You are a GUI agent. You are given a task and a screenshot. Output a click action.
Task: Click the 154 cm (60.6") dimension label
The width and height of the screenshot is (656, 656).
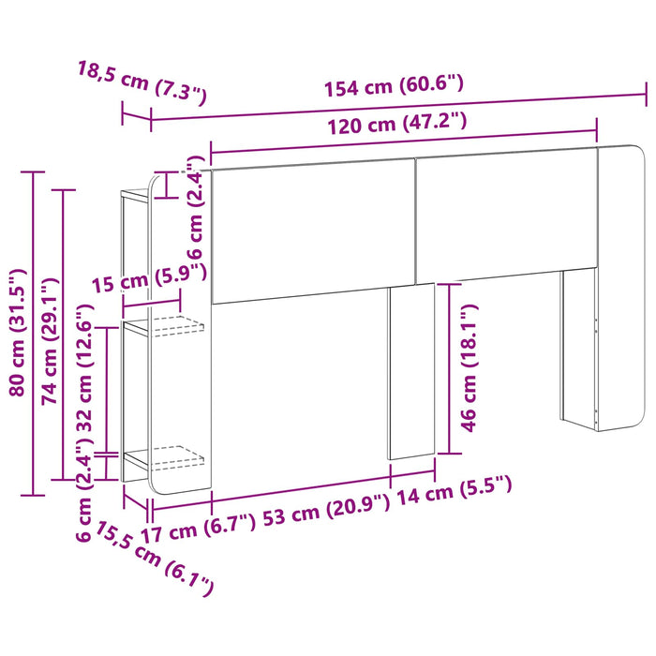tap(394, 86)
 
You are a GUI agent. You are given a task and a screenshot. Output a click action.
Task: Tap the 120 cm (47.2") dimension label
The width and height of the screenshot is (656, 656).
tap(396, 124)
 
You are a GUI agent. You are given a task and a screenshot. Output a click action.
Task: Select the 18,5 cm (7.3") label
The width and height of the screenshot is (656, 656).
tap(142, 82)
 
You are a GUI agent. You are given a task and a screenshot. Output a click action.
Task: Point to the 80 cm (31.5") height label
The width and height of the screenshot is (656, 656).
tap(18, 333)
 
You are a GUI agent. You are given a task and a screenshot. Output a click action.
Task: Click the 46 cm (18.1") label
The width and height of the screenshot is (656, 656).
tap(469, 367)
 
